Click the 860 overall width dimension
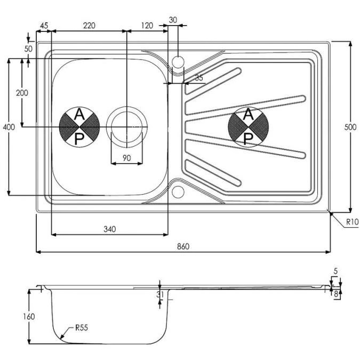coord(182,246)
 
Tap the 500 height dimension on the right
coord(349,127)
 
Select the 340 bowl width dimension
coord(109,229)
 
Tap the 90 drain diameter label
coord(126,157)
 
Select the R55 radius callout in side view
coord(81,328)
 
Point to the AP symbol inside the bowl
coord(79,127)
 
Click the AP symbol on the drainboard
coord(248,127)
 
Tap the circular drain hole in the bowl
coord(126,127)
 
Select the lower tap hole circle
coord(178,191)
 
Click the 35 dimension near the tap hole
coord(199,78)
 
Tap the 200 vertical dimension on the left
coord(22,93)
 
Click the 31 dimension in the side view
coord(159,294)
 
